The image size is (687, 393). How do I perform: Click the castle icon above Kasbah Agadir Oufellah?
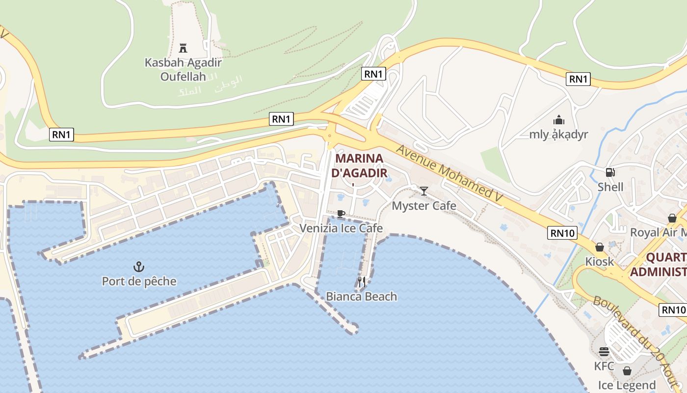click(x=183, y=48)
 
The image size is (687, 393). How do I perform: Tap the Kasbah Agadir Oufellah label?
click(x=183, y=69)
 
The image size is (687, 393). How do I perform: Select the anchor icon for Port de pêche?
click(x=139, y=267)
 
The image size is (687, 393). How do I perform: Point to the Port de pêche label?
click(x=139, y=281)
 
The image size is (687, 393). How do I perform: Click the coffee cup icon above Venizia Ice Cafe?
click(x=341, y=214)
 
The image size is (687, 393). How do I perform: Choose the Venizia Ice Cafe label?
click(x=341, y=228)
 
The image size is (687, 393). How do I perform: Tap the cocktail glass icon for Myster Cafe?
click(x=424, y=191)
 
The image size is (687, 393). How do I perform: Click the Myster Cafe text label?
click(x=424, y=206)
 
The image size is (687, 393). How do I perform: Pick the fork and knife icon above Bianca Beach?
click(x=362, y=282)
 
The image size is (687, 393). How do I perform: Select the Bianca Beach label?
click(x=362, y=297)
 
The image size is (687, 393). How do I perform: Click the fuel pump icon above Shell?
click(x=610, y=172)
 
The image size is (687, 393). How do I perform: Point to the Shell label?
click(x=610, y=187)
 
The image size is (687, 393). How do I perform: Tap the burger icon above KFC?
click(x=604, y=352)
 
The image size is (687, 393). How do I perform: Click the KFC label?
click(x=604, y=366)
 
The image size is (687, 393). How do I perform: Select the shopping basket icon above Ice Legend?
click(x=627, y=371)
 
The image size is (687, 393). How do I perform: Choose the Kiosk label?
click(x=600, y=261)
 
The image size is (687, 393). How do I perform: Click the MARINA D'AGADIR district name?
click(x=360, y=166)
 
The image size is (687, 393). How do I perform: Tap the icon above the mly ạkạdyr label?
click(x=558, y=120)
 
